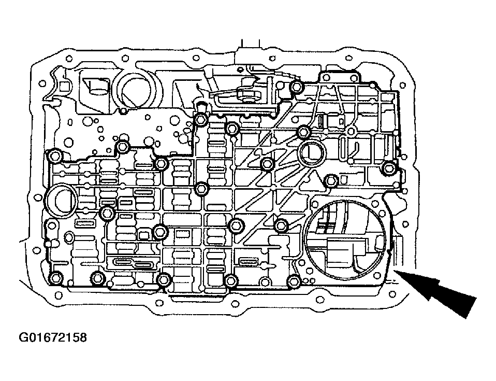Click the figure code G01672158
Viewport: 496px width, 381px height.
tap(53, 337)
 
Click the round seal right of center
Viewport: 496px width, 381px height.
tap(312, 152)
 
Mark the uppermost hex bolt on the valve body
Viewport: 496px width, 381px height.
tap(296, 87)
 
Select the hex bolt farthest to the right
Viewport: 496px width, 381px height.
tap(389, 167)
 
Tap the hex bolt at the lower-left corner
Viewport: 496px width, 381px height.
tap(56, 278)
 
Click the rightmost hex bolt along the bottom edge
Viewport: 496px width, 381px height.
tap(294, 280)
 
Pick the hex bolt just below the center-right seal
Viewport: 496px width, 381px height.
tap(331, 180)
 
